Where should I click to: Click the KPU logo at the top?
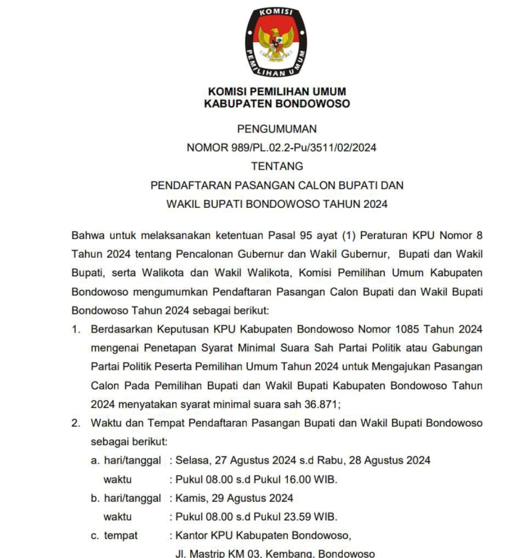pyautogui.click(x=276, y=42)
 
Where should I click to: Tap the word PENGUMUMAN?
pyautogui.click(x=277, y=129)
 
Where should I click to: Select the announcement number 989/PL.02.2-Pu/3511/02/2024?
pyautogui.click(x=304, y=148)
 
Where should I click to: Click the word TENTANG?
pyautogui.click(x=277, y=166)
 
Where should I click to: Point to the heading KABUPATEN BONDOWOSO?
pyautogui.click(x=277, y=104)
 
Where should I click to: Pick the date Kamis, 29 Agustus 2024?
pyautogui.click(x=234, y=498)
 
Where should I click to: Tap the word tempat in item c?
pyautogui.click(x=120, y=535)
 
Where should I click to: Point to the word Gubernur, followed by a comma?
pyautogui.click(x=365, y=254)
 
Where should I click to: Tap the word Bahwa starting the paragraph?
pyautogui.click(x=88, y=235)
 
